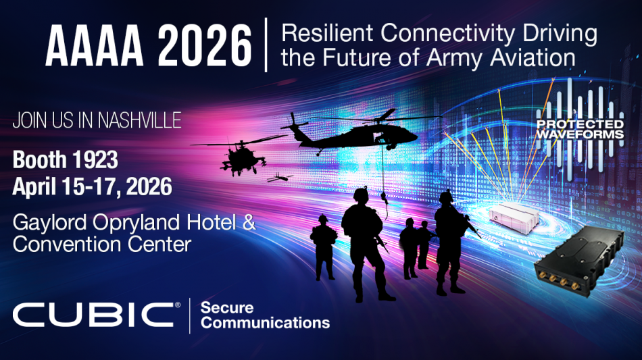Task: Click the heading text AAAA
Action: (x=94, y=45)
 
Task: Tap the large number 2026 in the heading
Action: (x=204, y=45)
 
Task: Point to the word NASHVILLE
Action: (x=139, y=120)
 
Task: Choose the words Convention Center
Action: (x=102, y=245)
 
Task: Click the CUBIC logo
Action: (x=96, y=315)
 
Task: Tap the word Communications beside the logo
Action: (x=265, y=323)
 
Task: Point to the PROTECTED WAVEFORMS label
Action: (x=581, y=129)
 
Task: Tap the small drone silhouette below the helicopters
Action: (x=280, y=178)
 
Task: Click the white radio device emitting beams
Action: (x=514, y=217)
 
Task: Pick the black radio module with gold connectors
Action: (x=578, y=261)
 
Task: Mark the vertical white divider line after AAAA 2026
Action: (x=266, y=45)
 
